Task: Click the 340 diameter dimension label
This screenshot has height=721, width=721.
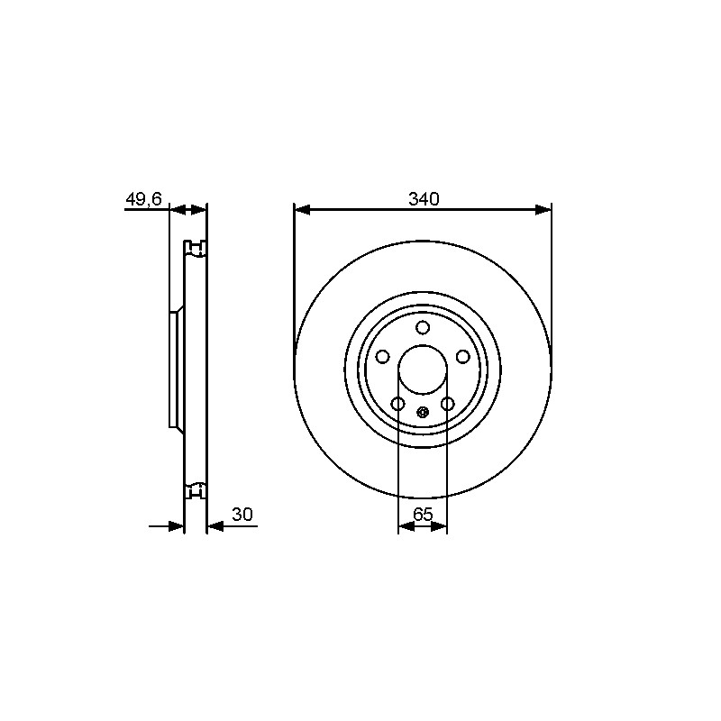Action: (x=424, y=199)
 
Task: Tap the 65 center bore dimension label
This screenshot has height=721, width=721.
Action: (x=423, y=515)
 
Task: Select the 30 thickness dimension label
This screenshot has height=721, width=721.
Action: (x=242, y=515)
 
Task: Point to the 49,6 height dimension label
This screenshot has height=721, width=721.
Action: (x=144, y=199)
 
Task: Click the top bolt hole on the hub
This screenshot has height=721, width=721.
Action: (x=423, y=328)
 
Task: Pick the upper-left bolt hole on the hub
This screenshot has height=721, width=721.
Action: (x=382, y=356)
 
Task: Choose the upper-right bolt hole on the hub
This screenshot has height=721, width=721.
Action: (x=462, y=356)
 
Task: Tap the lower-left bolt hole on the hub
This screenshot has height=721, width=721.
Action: (x=397, y=404)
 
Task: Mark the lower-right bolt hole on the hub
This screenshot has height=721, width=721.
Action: (x=447, y=404)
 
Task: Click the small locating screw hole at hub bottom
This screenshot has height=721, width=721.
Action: (x=423, y=412)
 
